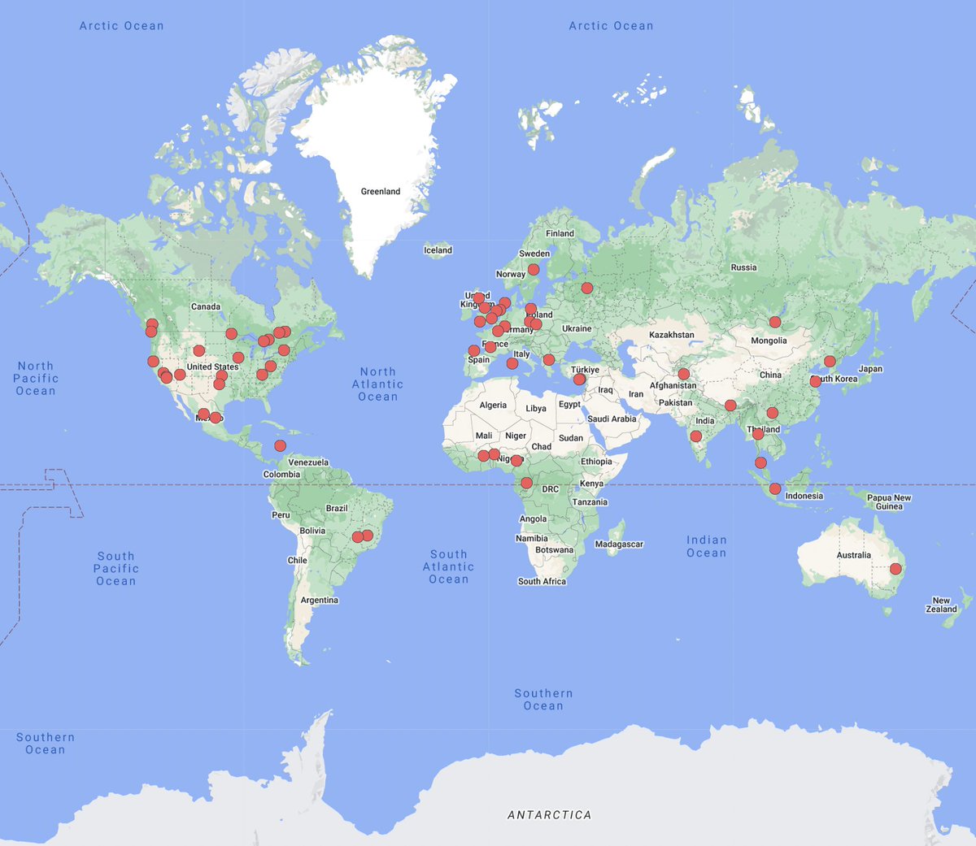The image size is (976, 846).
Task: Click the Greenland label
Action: click(381, 192)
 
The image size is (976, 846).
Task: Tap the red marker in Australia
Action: click(895, 569)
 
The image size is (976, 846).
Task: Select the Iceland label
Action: click(438, 250)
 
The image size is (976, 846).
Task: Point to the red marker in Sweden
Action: click(534, 269)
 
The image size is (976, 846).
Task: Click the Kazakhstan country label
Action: click(672, 335)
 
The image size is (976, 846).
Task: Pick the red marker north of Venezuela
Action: click(280, 445)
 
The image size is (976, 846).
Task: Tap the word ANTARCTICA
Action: click(549, 815)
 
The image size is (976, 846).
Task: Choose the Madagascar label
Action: click(619, 544)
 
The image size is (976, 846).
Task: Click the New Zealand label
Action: click(941, 605)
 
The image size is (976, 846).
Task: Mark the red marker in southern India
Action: click(695, 436)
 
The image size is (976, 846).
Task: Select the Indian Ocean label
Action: click(706, 546)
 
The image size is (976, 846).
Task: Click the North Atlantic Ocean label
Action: click(378, 384)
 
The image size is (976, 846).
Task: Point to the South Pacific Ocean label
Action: click(116, 569)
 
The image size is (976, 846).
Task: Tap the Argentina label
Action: click(319, 601)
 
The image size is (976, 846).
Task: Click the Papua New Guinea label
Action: click(889, 502)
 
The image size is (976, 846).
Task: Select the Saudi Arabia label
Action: click(612, 419)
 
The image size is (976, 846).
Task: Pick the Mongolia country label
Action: click(769, 341)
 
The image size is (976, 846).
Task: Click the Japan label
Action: click(870, 369)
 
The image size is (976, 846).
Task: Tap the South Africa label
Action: click(542, 582)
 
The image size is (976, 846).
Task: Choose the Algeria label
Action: click(493, 406)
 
